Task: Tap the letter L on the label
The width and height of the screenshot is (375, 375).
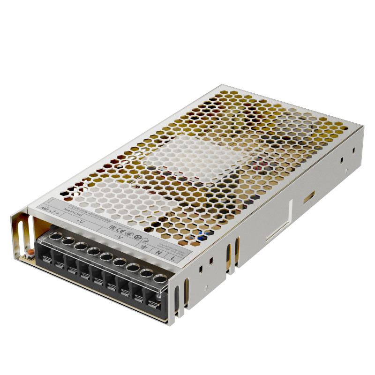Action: (173, 257)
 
